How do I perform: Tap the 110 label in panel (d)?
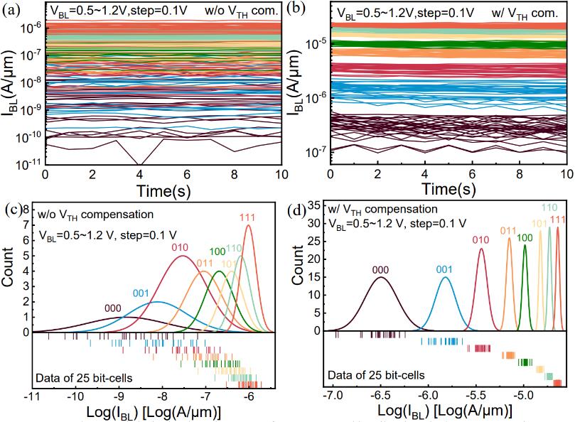[549, 207]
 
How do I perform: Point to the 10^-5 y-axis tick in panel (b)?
[318, 43]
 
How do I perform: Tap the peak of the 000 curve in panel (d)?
[381, 277]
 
